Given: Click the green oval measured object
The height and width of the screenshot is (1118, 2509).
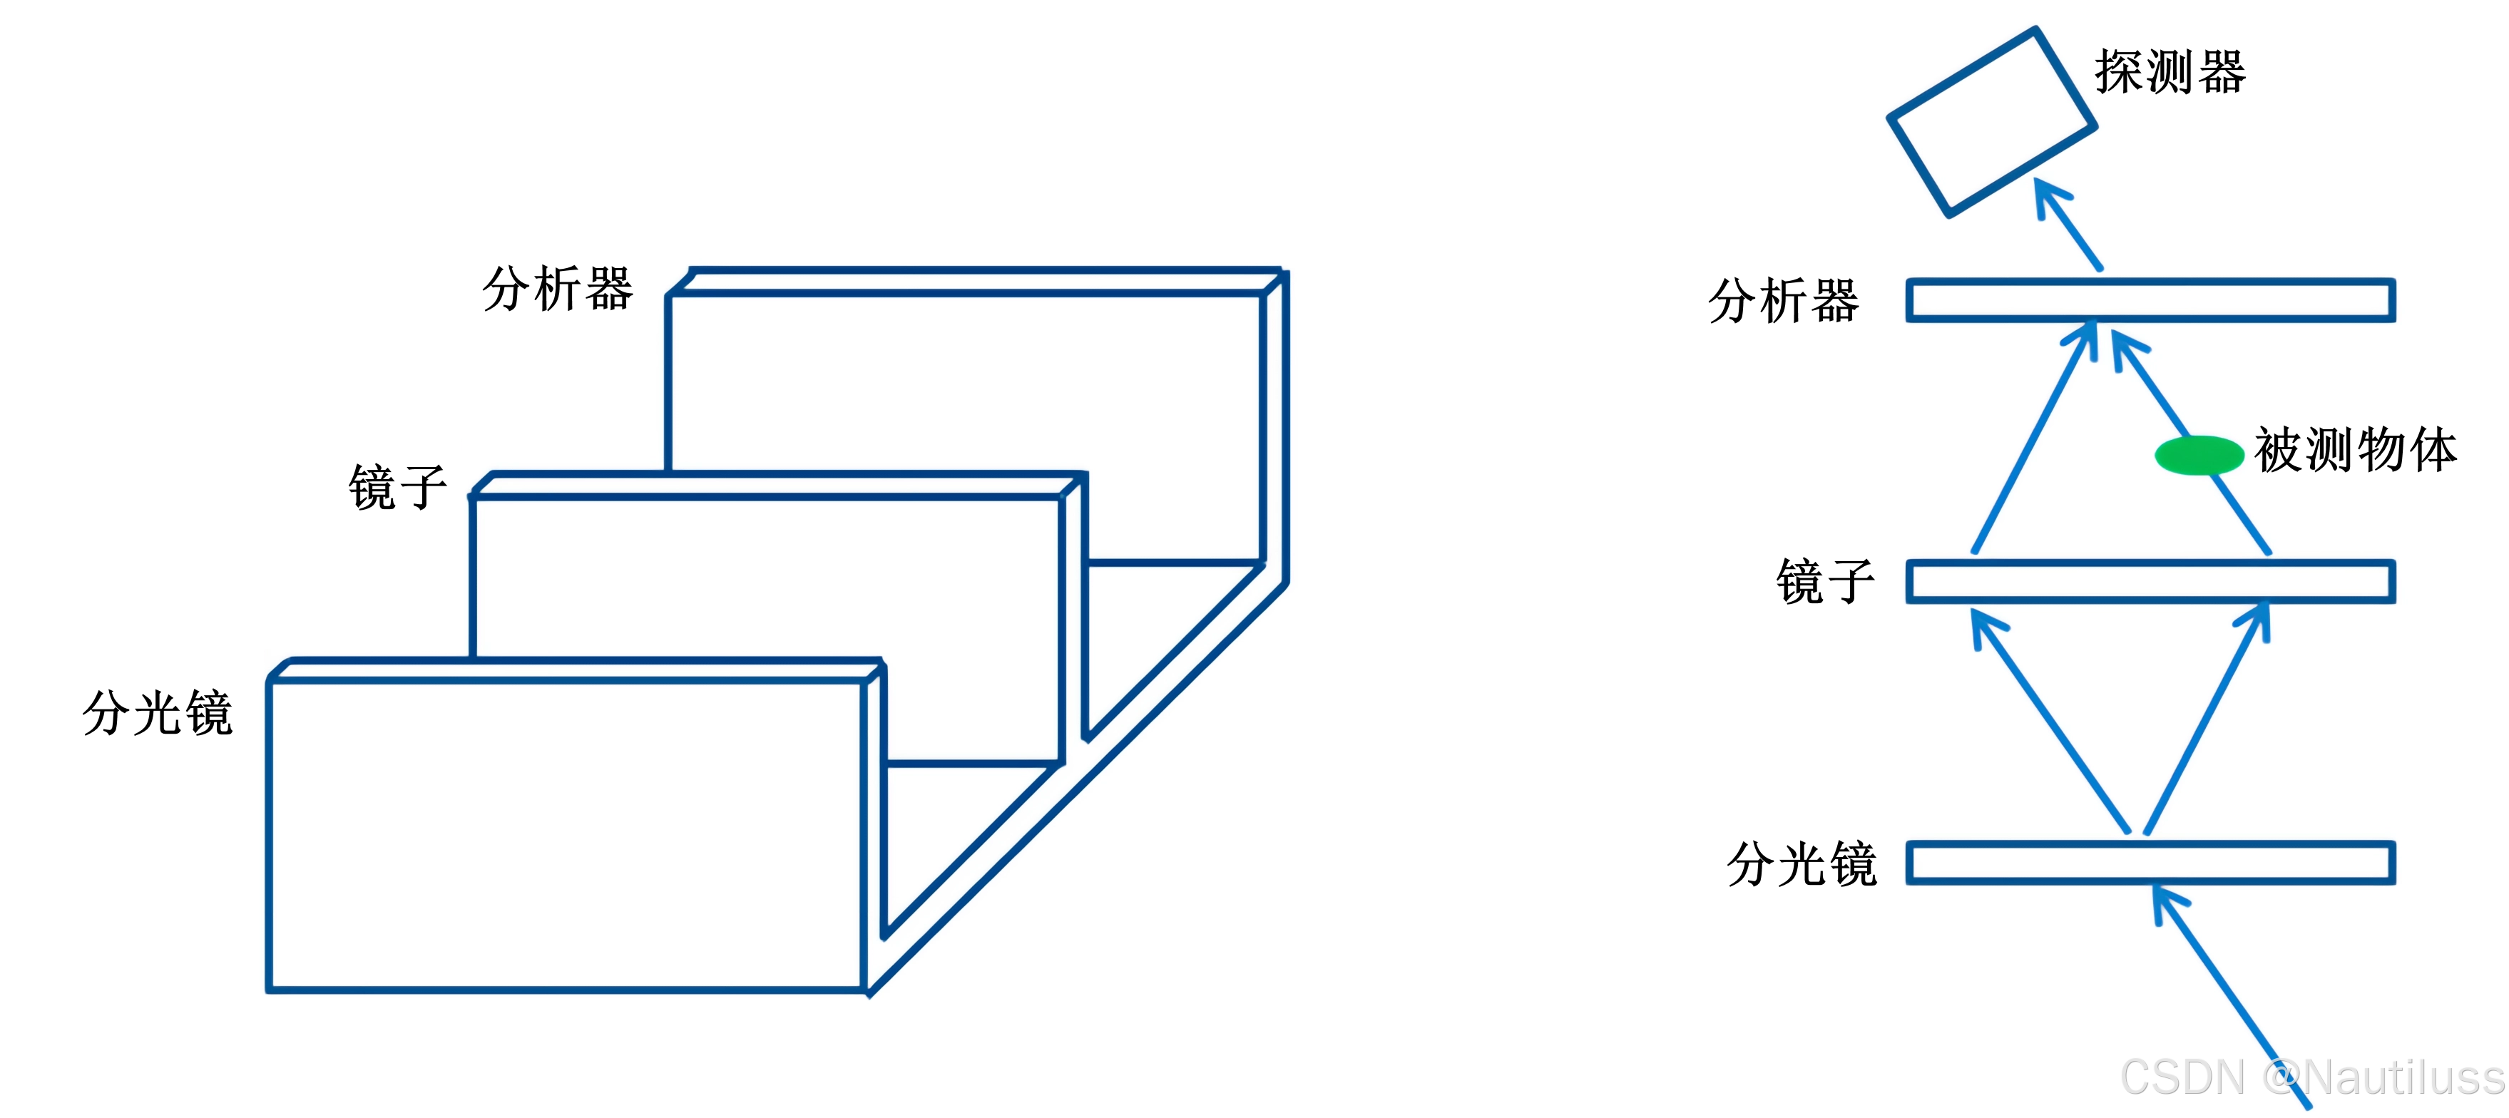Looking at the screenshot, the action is point(2198,455).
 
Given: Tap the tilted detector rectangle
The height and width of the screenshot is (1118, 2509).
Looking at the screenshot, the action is point(1992,123).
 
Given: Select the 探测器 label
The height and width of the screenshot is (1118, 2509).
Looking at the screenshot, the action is point(2170,72).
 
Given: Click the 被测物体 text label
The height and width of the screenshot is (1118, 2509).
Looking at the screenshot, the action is point(2355,450).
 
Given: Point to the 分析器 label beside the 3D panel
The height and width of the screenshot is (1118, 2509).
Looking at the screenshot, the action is point(557,289).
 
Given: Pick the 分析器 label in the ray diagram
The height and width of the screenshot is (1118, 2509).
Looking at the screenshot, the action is point(1784,300).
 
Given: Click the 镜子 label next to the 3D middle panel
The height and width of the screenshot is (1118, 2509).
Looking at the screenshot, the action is point(397,487).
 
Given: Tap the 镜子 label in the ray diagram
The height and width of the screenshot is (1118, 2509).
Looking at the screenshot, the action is point(1825,583).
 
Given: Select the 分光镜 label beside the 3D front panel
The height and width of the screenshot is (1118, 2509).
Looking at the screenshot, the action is point(158,713).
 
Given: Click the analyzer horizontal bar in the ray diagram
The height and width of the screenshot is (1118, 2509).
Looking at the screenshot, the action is point(2150,300).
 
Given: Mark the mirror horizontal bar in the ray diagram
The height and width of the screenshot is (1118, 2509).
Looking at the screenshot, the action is point(2150,581).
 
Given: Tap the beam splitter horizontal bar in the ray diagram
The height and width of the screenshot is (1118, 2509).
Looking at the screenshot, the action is point(2150,863).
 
